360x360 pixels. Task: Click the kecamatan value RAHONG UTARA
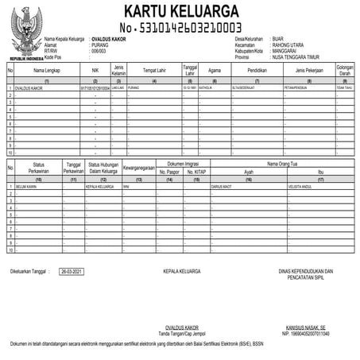pyautogui.click(x=288, y=45)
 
